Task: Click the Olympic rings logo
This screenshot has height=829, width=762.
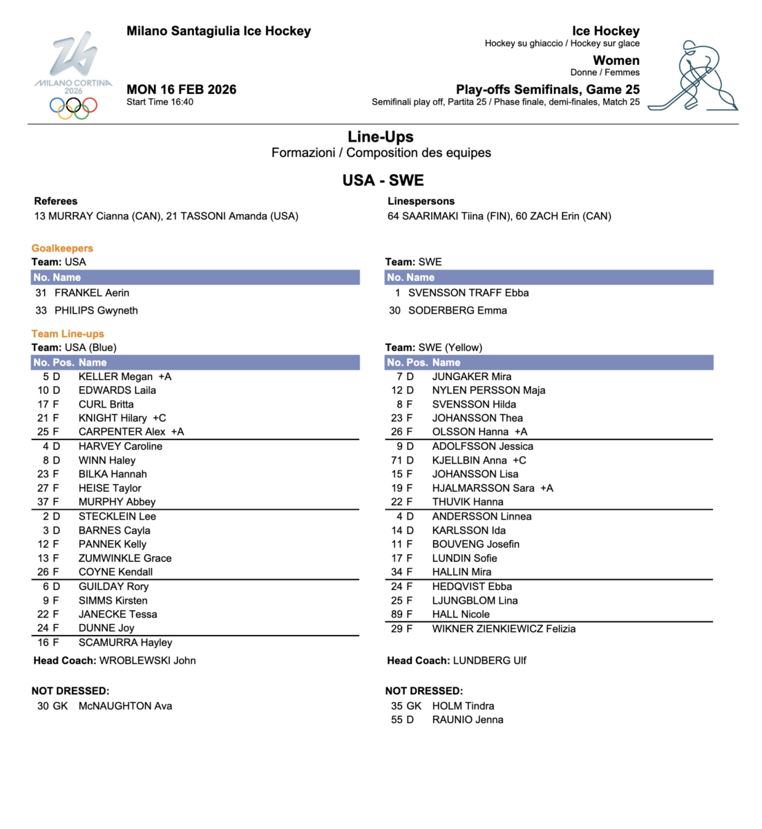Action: [x=73, y=107]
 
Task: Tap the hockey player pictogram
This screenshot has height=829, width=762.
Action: [x=693, y=76]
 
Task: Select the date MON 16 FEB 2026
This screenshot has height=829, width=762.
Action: [x=181, y=89]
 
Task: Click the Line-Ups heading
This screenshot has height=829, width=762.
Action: [x=381, y=136]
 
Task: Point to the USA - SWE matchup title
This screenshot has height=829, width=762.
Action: [x=383, y=180]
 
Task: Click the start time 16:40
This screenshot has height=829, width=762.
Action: [x=180, y=102]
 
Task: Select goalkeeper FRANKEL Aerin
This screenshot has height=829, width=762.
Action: [x=92, y=293]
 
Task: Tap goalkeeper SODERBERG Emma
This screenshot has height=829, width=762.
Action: [x=457, y=310]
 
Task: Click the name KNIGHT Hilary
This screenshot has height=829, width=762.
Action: [x=113, y=418]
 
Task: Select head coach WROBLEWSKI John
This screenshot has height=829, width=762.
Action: [x=147, y=660]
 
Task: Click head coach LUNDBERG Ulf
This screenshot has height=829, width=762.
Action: [x=489, y=660]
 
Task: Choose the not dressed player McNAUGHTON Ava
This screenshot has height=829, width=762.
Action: [x=125, y=706]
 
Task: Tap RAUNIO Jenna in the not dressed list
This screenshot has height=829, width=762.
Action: [x=468, y=720]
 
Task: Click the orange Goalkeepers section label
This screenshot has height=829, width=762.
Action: [x=62, y=248]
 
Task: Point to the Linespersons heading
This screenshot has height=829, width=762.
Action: [x=421, y=201]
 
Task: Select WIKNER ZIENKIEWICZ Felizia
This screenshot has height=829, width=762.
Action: [x=504, y=629]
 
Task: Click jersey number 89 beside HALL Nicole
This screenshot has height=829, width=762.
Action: [x=397, y=614]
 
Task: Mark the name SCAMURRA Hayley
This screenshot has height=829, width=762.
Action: [x=125, y=642]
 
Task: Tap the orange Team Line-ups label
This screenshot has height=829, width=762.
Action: [x=68, y=334]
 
